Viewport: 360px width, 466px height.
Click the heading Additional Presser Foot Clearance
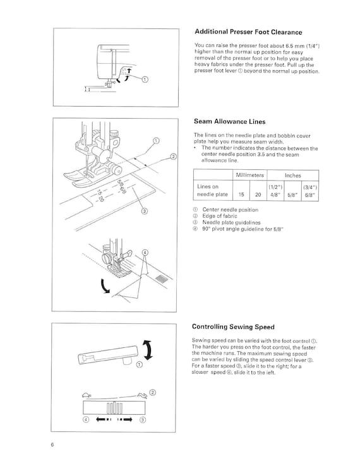(248, 32)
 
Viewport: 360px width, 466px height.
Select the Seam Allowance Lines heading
(229, 122)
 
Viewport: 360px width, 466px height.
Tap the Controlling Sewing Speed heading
(233, 327)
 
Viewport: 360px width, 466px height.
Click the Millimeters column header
(249, 175)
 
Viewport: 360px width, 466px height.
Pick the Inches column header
(293, 176)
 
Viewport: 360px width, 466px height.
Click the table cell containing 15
(241, 194)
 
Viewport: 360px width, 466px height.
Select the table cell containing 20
(258, 194)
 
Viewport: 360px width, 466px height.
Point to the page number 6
(52, 445)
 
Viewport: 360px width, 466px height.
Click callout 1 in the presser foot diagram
(145, 80)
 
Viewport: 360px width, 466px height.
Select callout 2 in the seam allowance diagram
(173, 157)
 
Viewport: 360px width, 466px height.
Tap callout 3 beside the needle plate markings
(144, 212)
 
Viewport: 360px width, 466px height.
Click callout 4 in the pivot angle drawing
(145, 253)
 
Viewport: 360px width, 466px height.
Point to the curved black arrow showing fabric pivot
(104, 286)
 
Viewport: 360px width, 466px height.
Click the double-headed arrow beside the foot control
(148, 350)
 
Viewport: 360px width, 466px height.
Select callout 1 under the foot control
(140, 365)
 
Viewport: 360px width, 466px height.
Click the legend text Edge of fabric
(220, 216)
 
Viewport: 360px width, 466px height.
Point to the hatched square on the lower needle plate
(161, 278)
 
